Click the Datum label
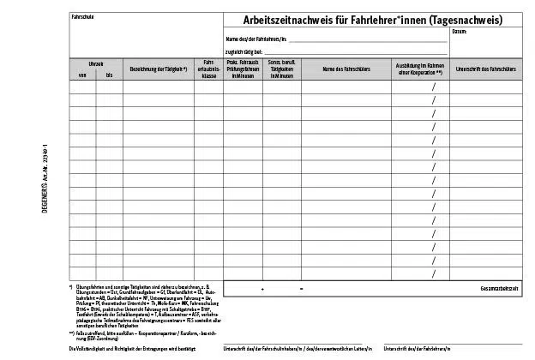(484, 32)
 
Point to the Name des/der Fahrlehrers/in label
(255, 39)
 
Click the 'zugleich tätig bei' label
(244, 51)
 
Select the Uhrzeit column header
(95, 63)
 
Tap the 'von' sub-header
(82, 75)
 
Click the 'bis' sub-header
(109, 75)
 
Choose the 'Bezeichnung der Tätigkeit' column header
(159, 69)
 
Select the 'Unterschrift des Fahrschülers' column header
(485, 69)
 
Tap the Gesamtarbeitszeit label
(499, 289)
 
